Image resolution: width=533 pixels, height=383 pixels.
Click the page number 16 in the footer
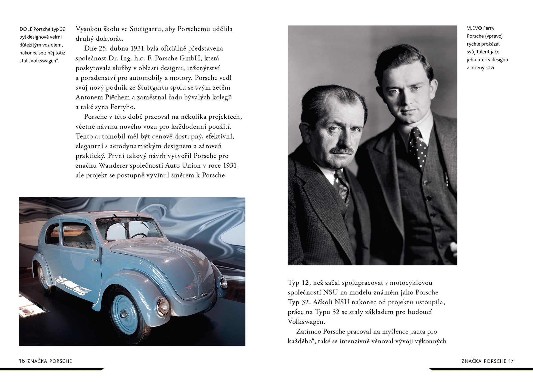coord(22,361)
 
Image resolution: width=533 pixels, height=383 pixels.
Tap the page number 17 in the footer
coord(511,361)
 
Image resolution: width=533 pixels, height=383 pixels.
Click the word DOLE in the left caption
coord(26,29)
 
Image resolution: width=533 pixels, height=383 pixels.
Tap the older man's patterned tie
coord(343,187)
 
